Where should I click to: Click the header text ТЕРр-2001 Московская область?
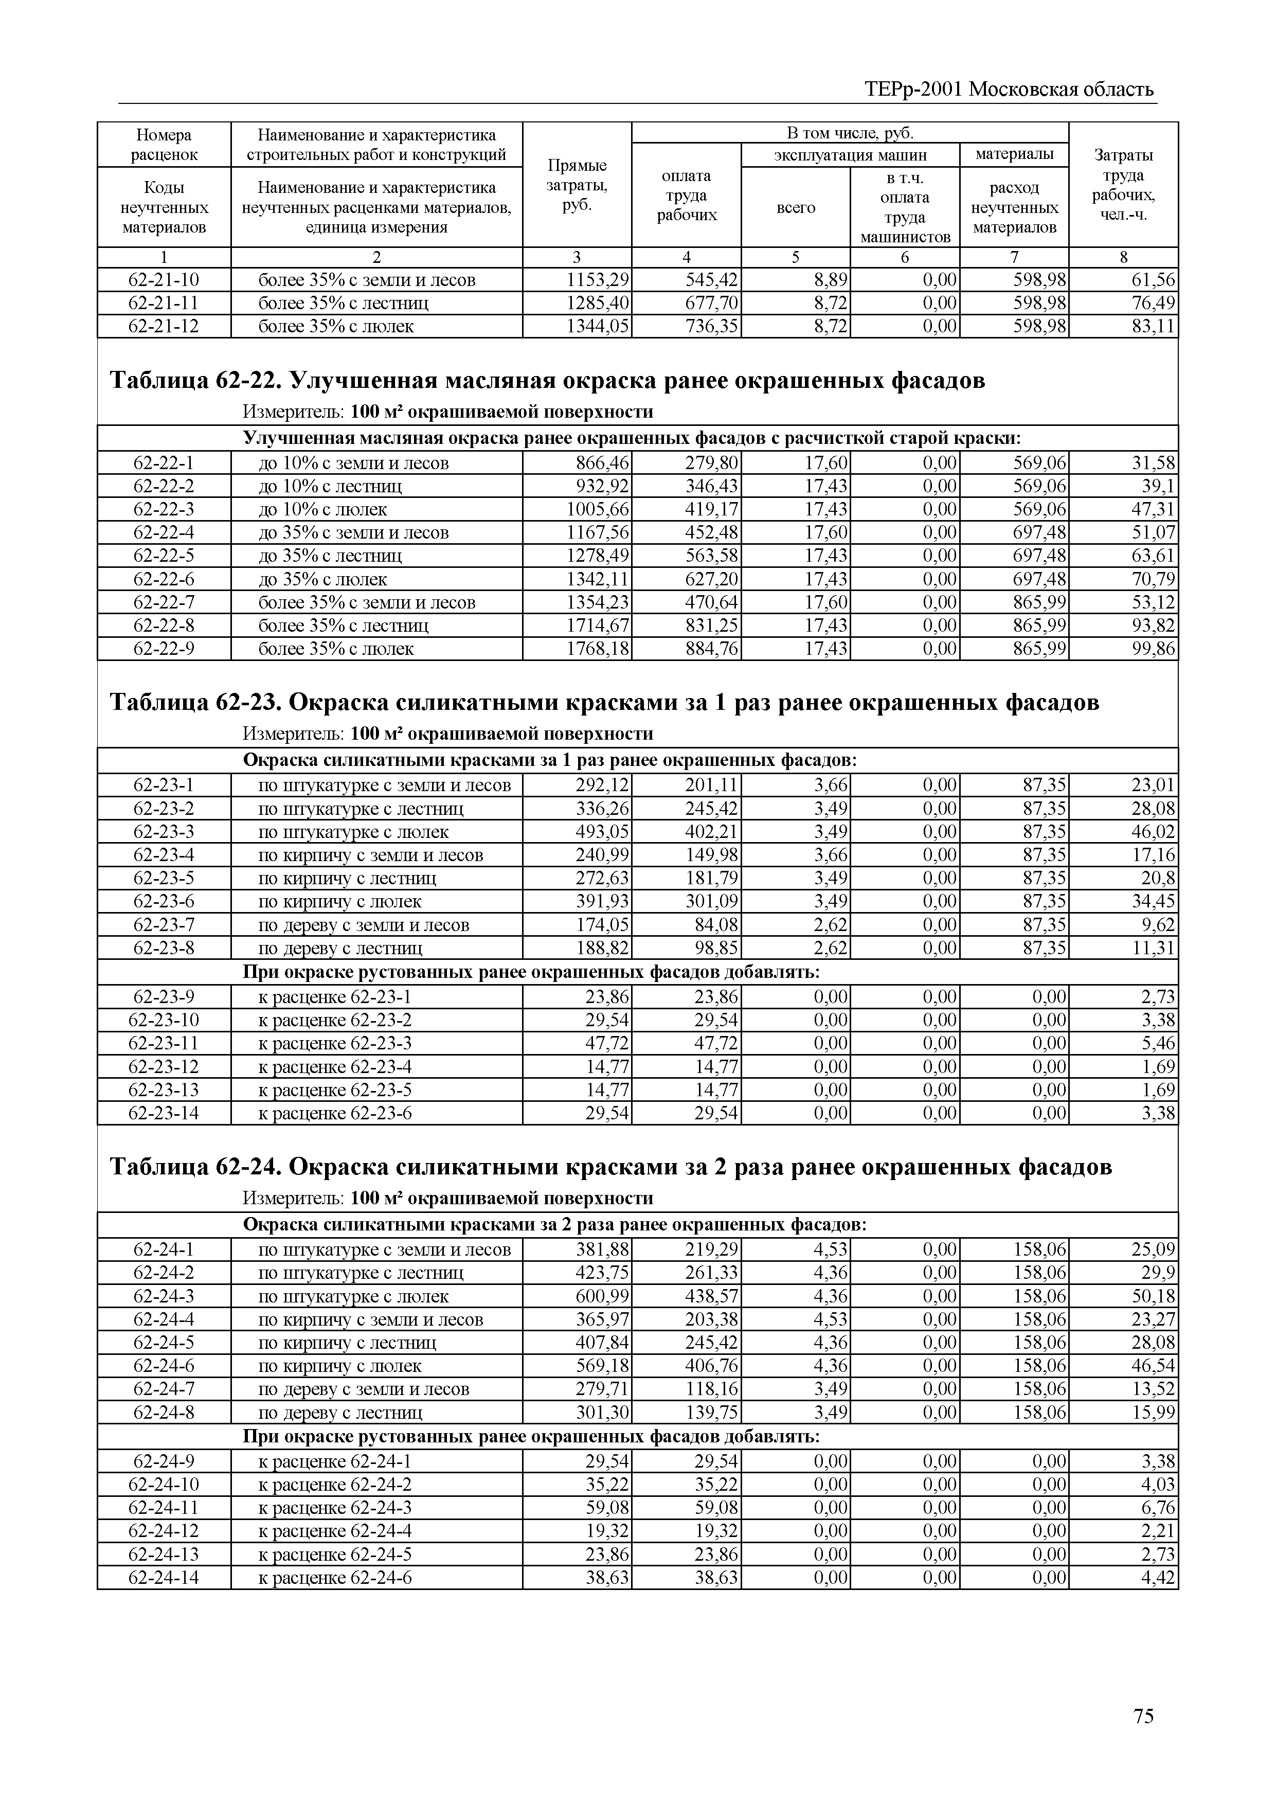point(1010,89)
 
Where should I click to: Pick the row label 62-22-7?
point(164,603)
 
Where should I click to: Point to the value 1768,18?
point(598,649)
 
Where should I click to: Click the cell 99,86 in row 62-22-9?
point(1153,649)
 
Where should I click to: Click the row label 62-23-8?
point(164,949)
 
